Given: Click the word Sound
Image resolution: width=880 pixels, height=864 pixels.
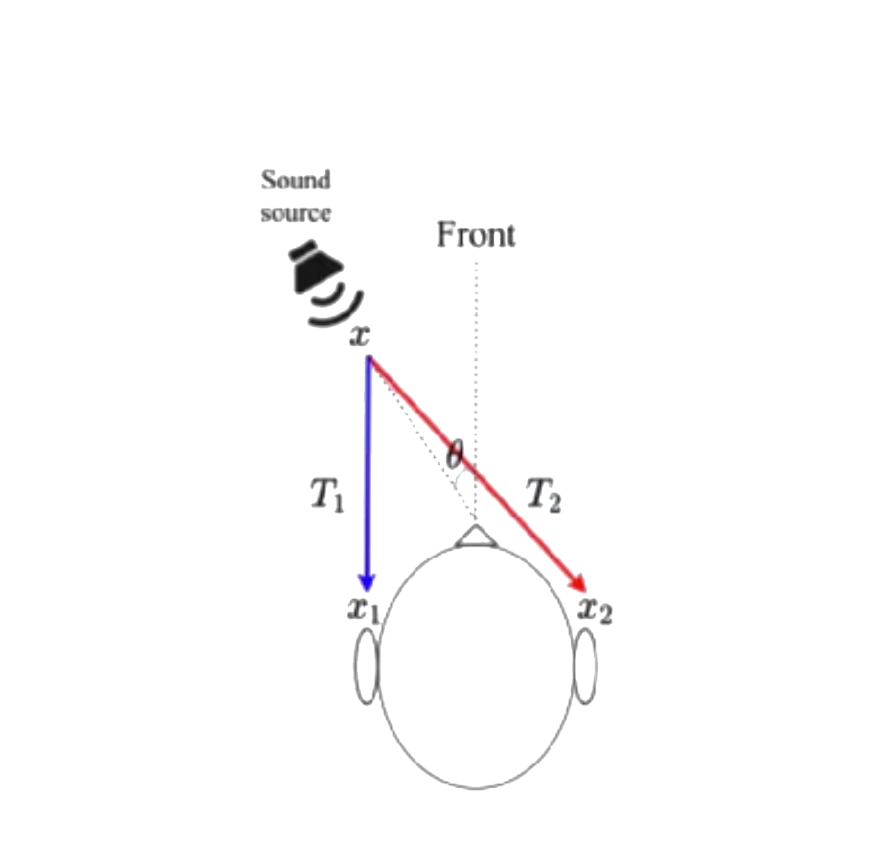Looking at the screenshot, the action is pos(296,180).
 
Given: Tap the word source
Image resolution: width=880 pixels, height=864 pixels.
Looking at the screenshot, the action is pos(296,213).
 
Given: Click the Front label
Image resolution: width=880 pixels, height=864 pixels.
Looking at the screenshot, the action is pos(476,235).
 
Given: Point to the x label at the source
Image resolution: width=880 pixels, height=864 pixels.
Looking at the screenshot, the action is pos(360,335).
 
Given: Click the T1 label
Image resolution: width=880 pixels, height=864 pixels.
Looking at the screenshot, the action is pos(327,496).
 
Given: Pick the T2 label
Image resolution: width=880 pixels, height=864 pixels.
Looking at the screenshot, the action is pos(544,496).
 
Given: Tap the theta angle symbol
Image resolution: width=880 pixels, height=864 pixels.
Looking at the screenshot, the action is pos(454,453).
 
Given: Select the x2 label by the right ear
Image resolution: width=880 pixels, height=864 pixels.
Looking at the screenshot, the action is pos(594,610).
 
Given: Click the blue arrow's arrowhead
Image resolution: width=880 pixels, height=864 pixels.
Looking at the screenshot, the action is pos(367,582).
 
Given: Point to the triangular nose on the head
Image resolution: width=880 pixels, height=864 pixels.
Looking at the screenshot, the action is pos(475,536).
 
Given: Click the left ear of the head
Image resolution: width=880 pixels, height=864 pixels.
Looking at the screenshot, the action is pos(366,666).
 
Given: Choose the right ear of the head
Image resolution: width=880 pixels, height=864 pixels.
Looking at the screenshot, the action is pos(585,666).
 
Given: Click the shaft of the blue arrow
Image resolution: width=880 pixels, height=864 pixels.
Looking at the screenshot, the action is pos(368,466).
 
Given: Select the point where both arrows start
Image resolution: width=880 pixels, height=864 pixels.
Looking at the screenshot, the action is pos(369,359).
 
